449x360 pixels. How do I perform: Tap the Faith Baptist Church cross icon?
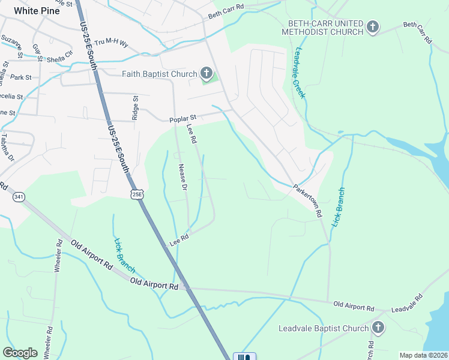coord(206,74)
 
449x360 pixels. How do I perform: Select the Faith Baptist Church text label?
coord(159,74)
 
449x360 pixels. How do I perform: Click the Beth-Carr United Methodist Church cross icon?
coord(373,26)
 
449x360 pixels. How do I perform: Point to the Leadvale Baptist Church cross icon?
coord(378,328)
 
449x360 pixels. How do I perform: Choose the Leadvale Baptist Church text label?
coord(324,328)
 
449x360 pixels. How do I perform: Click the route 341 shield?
coord(19,197)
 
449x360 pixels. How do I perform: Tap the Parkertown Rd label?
coord(308,200)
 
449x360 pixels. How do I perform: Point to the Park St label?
coord(21,77)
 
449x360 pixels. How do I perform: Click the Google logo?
coord(20,353)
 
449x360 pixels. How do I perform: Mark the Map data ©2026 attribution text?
coord(423,355)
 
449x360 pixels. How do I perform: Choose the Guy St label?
coord(38,52)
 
